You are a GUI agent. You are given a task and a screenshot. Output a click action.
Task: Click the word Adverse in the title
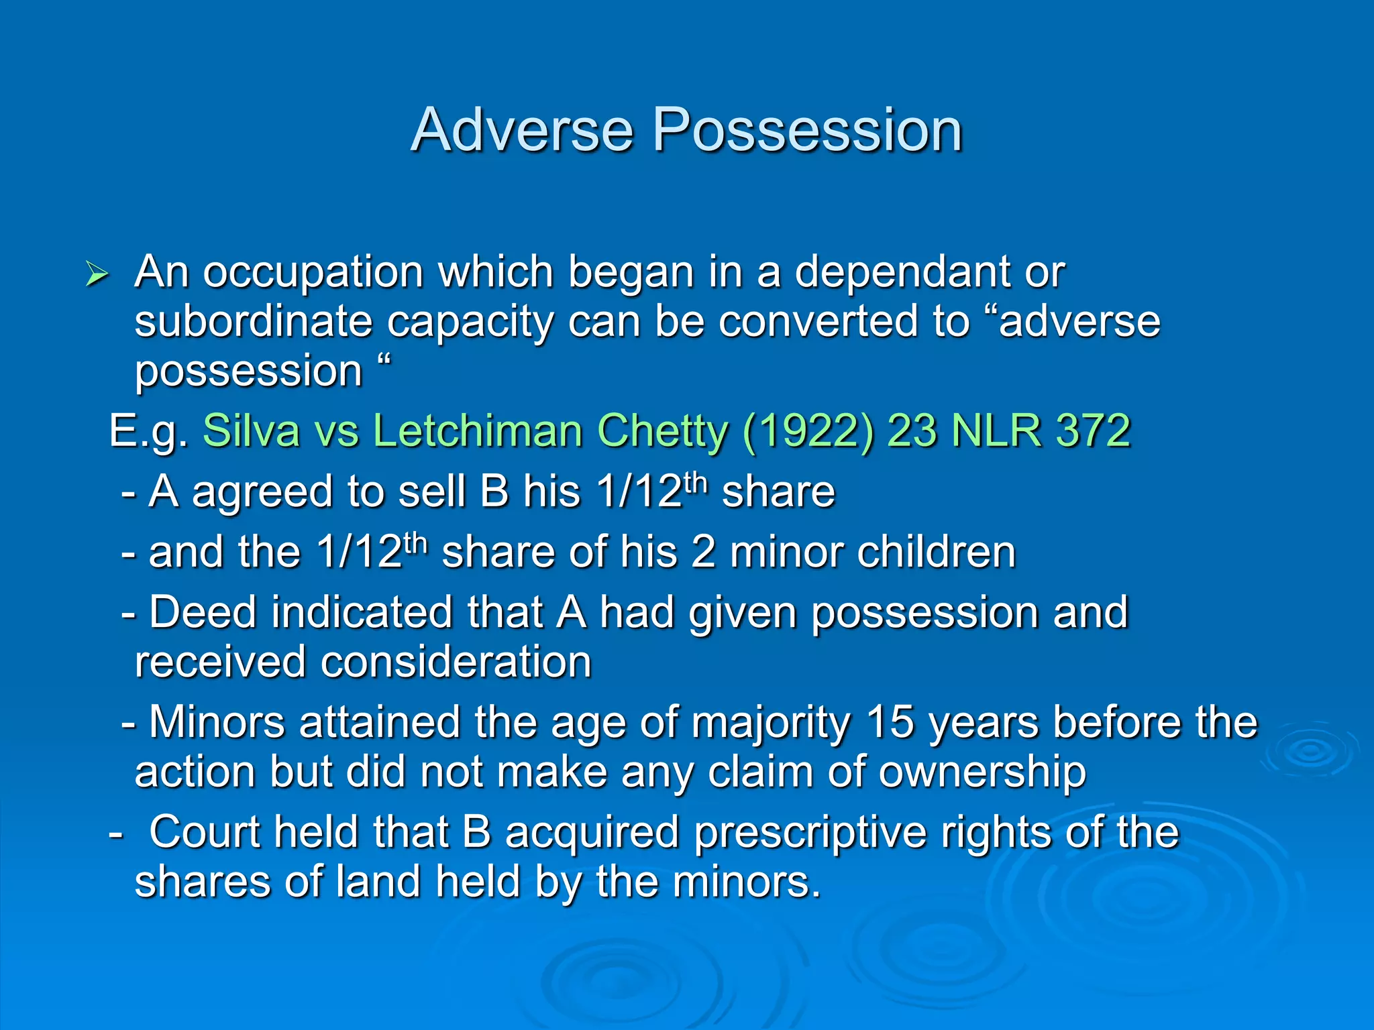click(x=522, y=130)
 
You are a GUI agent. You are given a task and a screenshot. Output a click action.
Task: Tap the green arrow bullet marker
click(x=97, y=274)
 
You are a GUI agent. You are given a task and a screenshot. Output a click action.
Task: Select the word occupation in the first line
click(x=313, y=273)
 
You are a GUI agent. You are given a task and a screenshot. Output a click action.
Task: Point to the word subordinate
click(x=253, y=322)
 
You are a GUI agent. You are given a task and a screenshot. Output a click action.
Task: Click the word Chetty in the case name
click(x=662, y=431)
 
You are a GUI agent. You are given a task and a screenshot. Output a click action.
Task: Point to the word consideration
click(x=456, y=663)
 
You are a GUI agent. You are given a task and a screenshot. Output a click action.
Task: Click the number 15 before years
click(x=890, y=723)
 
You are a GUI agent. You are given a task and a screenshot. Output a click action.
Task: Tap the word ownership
click(x=982, y=772)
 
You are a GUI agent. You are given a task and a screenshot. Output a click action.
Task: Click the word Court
click(x=205, y=832)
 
